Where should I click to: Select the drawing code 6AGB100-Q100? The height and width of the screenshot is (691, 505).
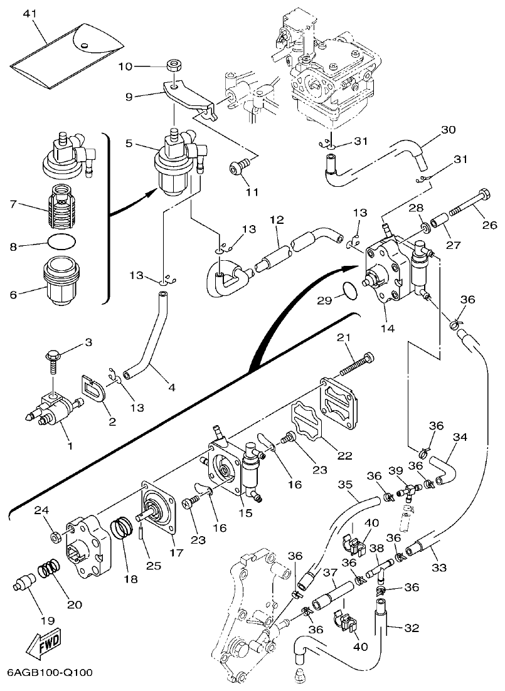coord(50,673)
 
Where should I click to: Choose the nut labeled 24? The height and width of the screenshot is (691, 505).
coord(55,536)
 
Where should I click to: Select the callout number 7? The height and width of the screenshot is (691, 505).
coord(14,205)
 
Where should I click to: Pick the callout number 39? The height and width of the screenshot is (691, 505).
coord(412,471)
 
